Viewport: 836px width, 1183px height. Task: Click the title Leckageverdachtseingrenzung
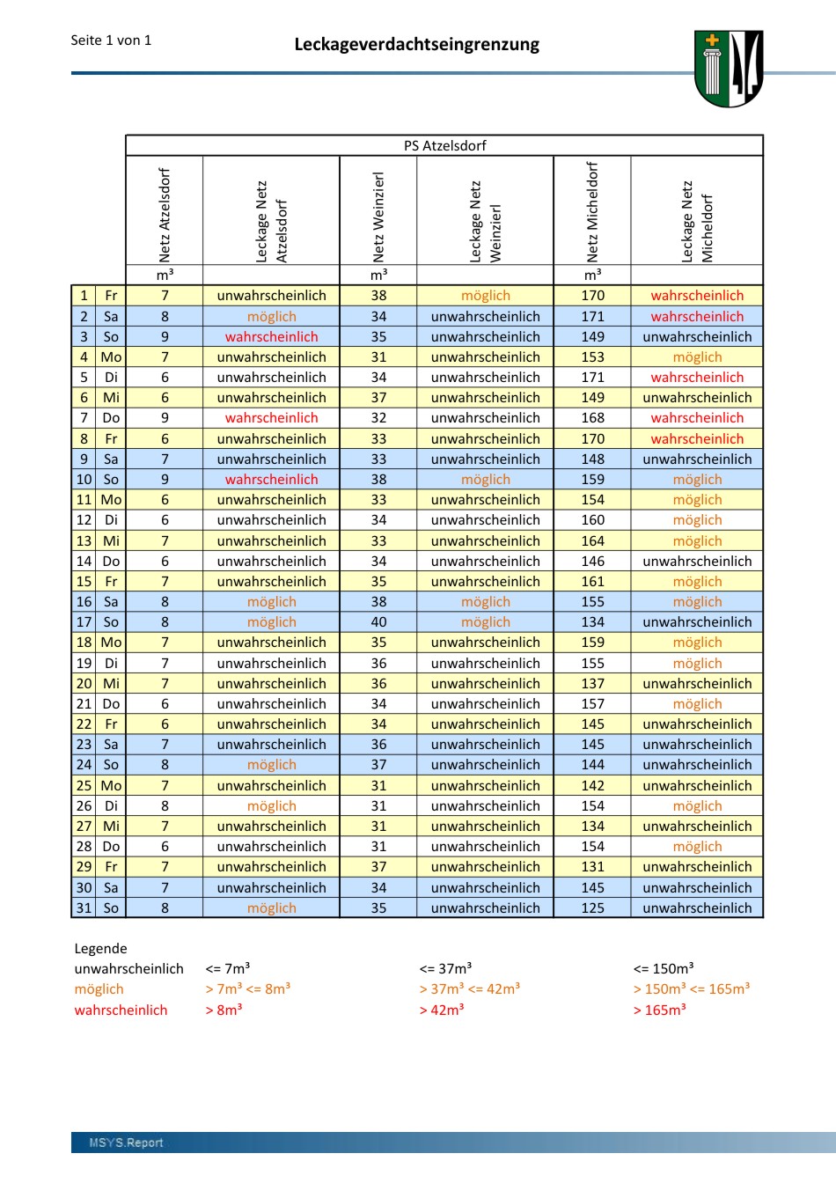coord(416,44)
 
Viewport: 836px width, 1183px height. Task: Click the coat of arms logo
coord(728,69)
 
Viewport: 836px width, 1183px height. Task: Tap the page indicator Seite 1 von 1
coord(111,40)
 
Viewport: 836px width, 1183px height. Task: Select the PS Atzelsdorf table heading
coord(444,145)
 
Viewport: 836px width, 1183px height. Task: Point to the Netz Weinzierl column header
coord(378,216)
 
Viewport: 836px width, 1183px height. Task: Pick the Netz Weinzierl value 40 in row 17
coord(378,622)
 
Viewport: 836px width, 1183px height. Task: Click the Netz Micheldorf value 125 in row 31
coord(592,907)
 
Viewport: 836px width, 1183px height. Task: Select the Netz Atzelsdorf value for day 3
coord(165,336)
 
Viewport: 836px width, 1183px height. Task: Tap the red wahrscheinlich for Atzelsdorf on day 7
coord(271,418)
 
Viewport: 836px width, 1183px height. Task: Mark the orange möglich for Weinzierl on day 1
coord(485,296)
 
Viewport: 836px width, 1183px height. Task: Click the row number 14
coord(84,561)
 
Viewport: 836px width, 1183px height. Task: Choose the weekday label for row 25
coord(111,785)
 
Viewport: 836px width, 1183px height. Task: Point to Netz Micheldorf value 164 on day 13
coord(592,540)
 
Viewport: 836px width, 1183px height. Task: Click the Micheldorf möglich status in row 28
coord(697,847)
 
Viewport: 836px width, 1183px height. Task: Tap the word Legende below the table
coord(100,948)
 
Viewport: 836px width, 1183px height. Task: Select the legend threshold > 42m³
coord(442,1010)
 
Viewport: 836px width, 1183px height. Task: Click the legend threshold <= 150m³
coord(664,968)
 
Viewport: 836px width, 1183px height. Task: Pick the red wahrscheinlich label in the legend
coord(121,1010)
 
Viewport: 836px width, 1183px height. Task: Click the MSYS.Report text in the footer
coord(126,1143)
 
